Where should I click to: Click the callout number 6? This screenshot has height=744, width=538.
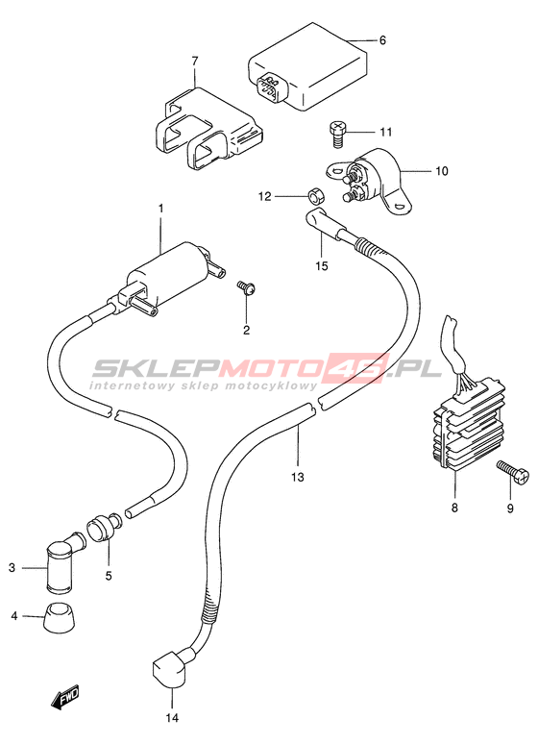pyautogui.click(x=382, y=40)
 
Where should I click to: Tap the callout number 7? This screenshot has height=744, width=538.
pyautogui.click(x=194, y=62)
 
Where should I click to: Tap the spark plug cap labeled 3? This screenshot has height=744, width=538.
pyautogui.click(x=63, y=561)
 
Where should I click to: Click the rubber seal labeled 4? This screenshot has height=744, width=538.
pyautogui.click(x=61, y=618)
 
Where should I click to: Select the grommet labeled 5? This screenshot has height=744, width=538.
pyautogui.click(x=104, y=528)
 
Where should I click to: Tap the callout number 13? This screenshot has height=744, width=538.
pyautogui.click(x=298, y=477)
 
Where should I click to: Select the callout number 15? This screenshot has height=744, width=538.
pyautogui.click(x=322, y=265)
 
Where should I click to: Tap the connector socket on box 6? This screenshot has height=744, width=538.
pyautogui.click(x=271, y=87)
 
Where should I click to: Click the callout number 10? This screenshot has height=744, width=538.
pyautogui.click(x=441, y=171)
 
